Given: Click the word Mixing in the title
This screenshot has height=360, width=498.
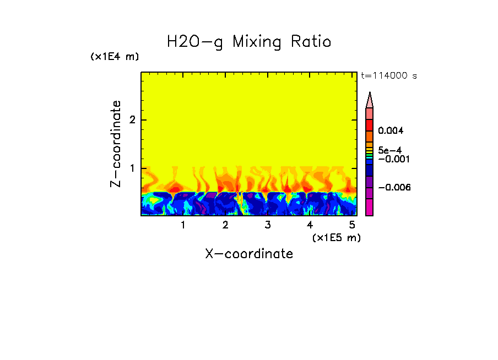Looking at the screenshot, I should (x=256, y=42).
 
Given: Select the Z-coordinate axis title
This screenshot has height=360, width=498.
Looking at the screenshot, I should (x=116, y=144).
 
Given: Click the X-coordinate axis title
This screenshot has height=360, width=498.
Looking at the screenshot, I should (x=249, y=254).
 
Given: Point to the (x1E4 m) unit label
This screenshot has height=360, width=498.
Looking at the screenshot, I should (x=115, y=57).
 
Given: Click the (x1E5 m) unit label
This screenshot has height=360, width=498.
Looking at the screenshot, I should (x=336, y=237).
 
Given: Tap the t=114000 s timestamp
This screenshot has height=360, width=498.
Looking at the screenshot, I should (x=388, y=75).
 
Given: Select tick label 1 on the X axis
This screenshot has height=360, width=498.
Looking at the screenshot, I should (x=183, y=225).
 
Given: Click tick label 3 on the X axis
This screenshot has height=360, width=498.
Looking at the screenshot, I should (x=267, y=225).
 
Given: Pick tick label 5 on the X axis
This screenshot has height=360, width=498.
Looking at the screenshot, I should (x=352, y=225).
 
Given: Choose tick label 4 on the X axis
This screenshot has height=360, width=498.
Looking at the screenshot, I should (x=310, y=225).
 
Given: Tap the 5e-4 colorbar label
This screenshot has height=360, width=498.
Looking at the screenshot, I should (x=389, y=150).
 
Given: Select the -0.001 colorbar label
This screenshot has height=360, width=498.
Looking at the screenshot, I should (x=394, y=159).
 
